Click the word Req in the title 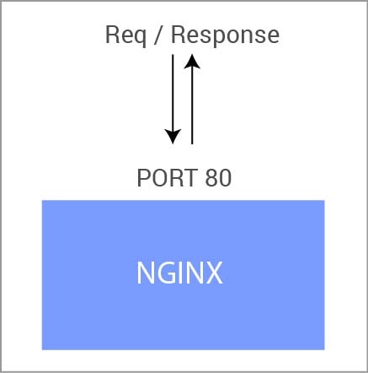pos(125,35)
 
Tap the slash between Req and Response pos(159,35)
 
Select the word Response pos(226,35)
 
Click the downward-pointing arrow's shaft pos(173,93)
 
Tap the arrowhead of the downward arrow pos(173,137)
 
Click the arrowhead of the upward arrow pos(192,62)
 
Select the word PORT pos(168,178)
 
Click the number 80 pos(218,178)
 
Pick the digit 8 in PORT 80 pos(211,178)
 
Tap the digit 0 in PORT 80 pos(226,178)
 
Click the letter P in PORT pos(143,178)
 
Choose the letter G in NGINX pos(165,273)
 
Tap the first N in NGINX pos(145,273)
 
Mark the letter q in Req pos(140,38)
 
